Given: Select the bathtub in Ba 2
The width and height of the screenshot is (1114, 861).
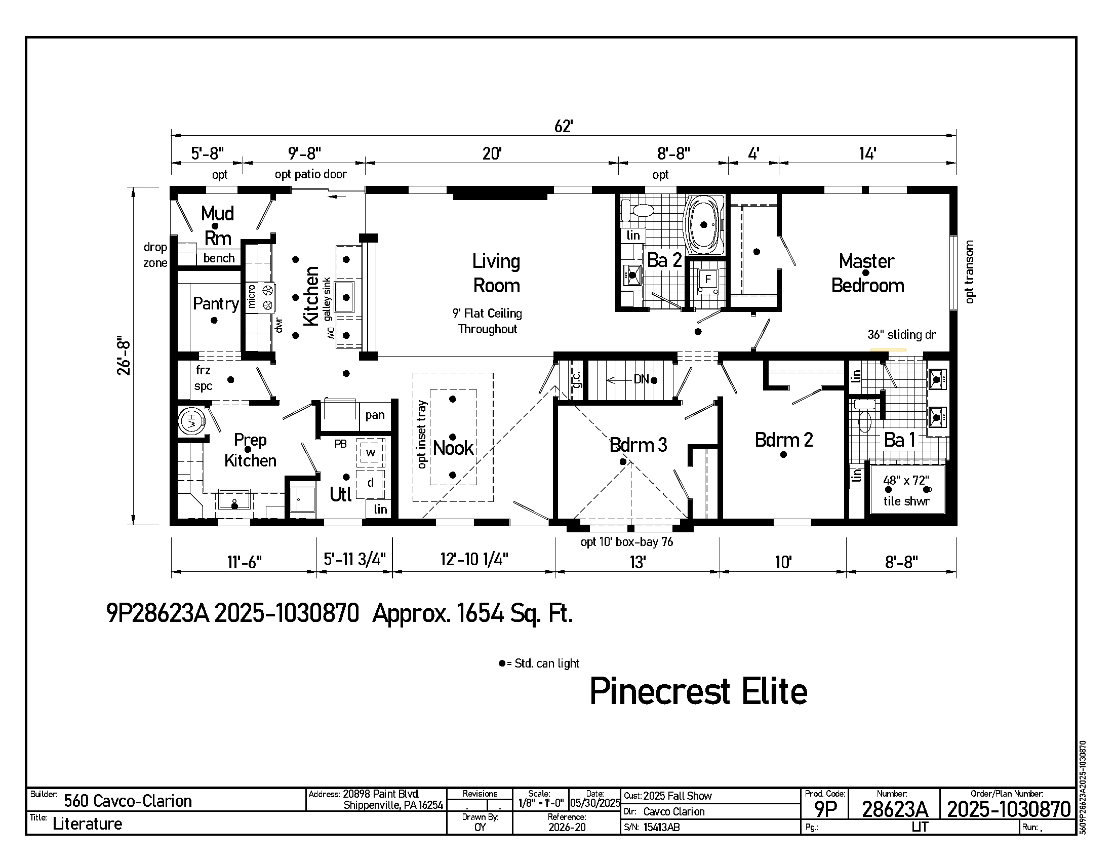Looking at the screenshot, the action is coord(704,224).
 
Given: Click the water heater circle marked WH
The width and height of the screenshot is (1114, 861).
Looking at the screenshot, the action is coord(191,421).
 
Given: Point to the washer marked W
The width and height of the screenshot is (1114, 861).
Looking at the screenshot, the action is coord(370,452).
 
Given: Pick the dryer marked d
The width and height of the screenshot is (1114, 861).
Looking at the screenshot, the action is coord(370,483).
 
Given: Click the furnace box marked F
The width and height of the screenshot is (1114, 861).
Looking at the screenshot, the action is coord(707,280).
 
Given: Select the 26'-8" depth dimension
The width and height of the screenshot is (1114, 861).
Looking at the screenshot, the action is coord(124,356).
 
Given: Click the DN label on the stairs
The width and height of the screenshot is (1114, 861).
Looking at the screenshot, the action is coord(641,379).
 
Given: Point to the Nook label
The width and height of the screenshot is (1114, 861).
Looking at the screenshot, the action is coord(454,448).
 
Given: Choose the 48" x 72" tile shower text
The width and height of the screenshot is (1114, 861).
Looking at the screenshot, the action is coord(906,491).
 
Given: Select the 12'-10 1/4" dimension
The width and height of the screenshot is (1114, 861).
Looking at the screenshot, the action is coord(474,560).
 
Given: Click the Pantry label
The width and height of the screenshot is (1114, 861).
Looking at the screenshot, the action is coord(216,304).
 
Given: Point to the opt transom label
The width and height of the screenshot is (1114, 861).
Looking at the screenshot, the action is coord(970,272).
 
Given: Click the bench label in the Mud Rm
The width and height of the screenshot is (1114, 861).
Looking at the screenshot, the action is coord(219,258).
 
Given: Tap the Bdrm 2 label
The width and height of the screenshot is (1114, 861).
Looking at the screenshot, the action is coord(784,440).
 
